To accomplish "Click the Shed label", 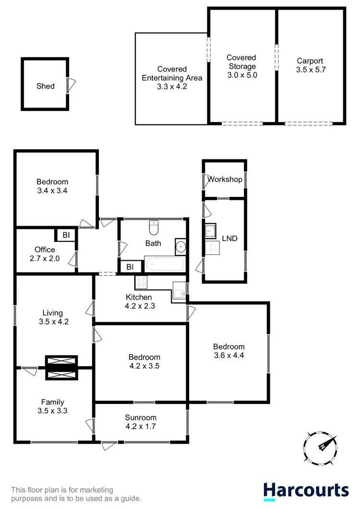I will [46, 86].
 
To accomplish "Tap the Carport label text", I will [310, 61].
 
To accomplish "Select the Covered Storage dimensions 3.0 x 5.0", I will [242, 75].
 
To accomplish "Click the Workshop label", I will [225, 179].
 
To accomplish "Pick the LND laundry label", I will [229, 238].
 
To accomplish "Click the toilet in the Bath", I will [154, 225].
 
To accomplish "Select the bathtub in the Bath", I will [164, 264].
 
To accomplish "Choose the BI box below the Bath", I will [130, 267].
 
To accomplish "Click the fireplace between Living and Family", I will [61, 368].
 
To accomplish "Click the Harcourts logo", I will [306, 490].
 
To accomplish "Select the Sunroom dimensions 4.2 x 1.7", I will [141, 425].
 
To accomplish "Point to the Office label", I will [45, 250].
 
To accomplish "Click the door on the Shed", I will [72, 86].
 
